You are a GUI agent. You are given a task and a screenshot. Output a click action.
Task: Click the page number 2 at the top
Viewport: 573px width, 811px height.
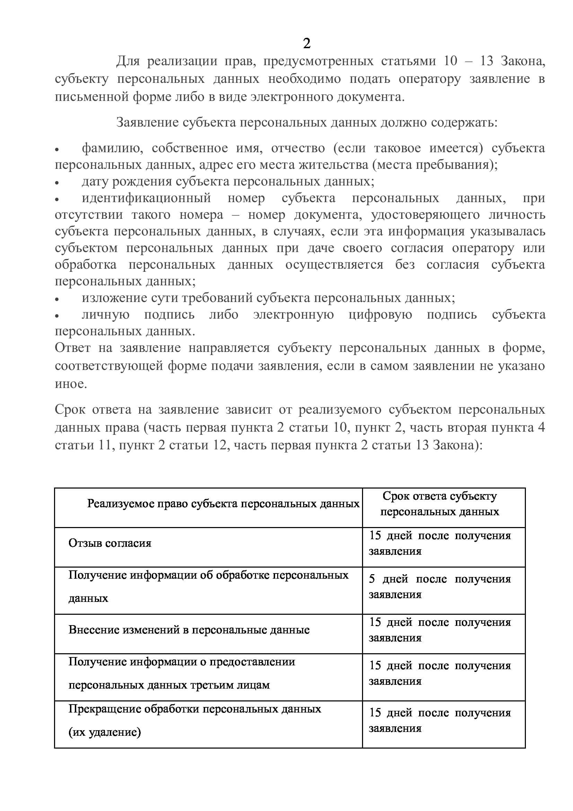tap(307, 43)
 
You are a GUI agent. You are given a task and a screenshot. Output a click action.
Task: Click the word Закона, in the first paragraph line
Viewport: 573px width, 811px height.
tap(523, 61)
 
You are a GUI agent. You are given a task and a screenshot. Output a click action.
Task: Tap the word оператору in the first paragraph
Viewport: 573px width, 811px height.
tap(429, 79)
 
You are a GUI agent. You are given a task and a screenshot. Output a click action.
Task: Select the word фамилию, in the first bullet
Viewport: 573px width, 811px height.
tap(112, 148)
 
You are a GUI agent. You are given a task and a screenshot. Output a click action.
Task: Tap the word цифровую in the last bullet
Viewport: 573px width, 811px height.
tap(380, 314)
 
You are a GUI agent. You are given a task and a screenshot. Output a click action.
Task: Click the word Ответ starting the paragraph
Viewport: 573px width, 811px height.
tap(73, 348)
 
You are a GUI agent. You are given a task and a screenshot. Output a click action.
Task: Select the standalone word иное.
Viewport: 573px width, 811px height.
tap(71, 383)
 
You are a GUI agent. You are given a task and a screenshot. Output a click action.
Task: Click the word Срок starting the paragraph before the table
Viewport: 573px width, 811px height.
tap(70, 409)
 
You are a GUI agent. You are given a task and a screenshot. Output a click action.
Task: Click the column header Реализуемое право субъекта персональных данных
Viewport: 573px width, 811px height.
tap(223, 503)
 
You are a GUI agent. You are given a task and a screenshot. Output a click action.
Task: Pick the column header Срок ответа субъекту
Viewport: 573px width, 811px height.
tap(440, 496)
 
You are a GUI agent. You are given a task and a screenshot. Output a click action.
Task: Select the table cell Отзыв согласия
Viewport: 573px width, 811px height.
tap(110, 543)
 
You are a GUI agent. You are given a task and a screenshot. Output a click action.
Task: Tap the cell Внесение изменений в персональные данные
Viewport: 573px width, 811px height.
tap(189, 629)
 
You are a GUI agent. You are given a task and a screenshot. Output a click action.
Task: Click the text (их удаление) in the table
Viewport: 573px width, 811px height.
tap(104, 732)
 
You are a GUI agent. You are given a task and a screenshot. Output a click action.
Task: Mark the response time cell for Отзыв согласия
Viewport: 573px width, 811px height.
tap(440, 543)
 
